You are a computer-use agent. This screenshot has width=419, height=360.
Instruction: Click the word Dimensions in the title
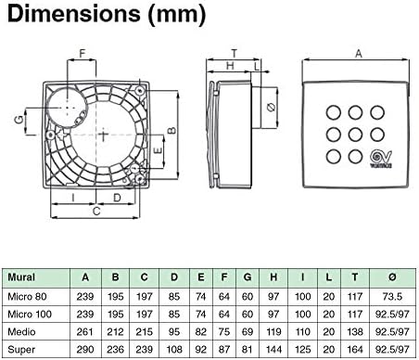73,14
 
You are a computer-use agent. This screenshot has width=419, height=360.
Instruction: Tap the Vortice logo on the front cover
381,159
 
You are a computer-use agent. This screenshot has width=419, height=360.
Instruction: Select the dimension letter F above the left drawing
83,53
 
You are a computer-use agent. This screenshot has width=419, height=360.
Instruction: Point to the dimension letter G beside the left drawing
19,119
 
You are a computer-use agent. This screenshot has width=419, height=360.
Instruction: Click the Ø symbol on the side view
271,108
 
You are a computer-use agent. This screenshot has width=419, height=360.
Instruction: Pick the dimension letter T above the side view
235,54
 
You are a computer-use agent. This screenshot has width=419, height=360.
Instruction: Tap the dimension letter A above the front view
359,54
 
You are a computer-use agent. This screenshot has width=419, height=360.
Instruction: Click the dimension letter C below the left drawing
96,212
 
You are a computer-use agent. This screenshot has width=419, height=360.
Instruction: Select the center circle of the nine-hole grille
355,135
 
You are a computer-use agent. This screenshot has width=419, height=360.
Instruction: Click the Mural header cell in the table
21,276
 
